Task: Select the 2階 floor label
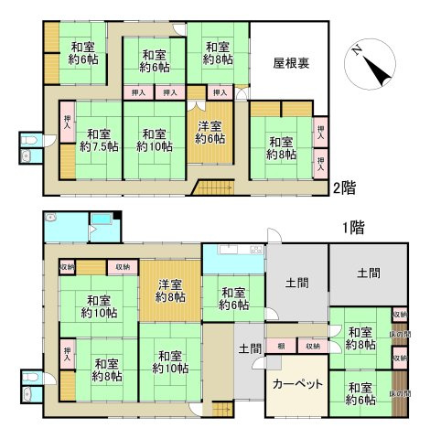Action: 344,187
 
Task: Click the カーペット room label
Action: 296,383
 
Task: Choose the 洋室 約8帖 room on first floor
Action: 169,290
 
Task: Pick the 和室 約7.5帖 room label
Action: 96,137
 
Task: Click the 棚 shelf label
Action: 282,347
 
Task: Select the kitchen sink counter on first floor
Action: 233,252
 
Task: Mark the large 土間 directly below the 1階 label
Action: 369,273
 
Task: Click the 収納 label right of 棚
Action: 312,347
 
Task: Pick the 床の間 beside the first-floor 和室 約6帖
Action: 399,392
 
